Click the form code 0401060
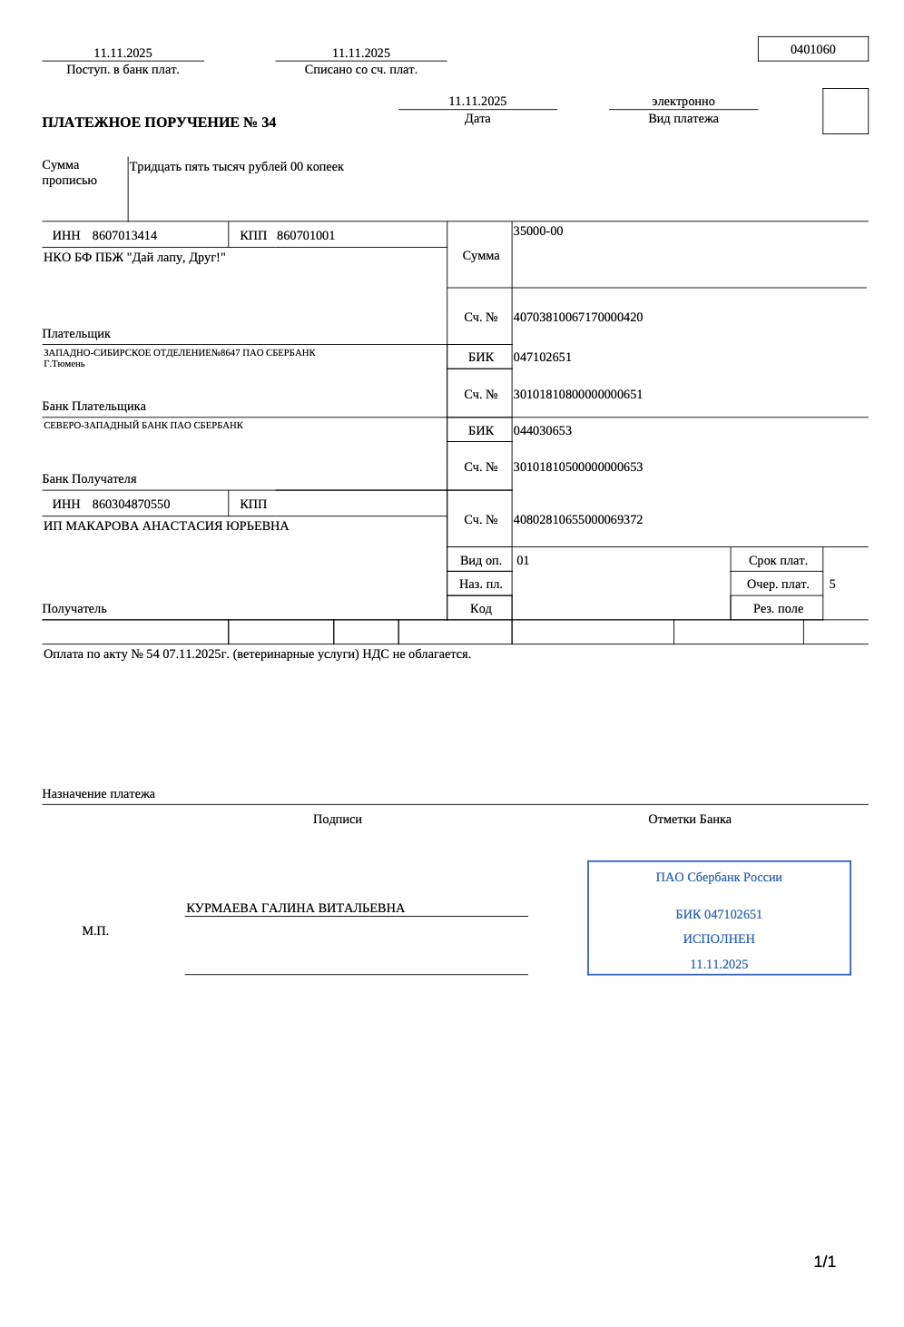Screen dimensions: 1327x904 point(812,50)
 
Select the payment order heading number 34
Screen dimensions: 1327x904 point(159,123)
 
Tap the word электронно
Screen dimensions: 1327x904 point(683,102)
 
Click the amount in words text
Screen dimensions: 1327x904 point(236,167)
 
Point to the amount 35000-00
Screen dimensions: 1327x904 point(538,231)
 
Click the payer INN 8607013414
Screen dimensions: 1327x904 point(124,236)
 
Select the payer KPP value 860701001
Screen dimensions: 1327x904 point(306,236)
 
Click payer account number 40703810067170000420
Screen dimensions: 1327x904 point(578,318)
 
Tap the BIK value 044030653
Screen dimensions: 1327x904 point(543,431)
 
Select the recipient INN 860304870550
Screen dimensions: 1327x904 point(131,505)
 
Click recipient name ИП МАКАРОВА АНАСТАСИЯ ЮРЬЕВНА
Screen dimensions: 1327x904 point(166,526)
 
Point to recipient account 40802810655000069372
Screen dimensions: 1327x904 point(578,520)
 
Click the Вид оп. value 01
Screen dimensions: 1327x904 point(523,561)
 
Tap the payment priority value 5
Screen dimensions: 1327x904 point(832,585)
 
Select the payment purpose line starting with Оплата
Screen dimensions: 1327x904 point(257,654)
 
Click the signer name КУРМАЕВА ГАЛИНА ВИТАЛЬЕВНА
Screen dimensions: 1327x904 point(295,909)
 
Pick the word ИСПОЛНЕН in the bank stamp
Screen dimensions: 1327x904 point(719,939)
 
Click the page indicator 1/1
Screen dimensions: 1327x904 point(824,1262)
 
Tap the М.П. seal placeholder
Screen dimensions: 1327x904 point(95,931)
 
